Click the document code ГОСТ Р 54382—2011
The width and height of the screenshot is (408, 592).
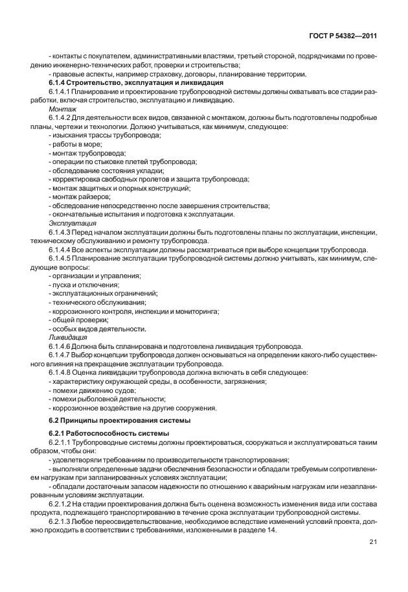pos(343,36)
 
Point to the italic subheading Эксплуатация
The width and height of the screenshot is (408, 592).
pos(69,222)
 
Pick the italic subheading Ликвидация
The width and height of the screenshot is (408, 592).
pos(65,337)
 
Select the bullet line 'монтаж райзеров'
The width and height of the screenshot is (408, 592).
pos(79,196)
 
